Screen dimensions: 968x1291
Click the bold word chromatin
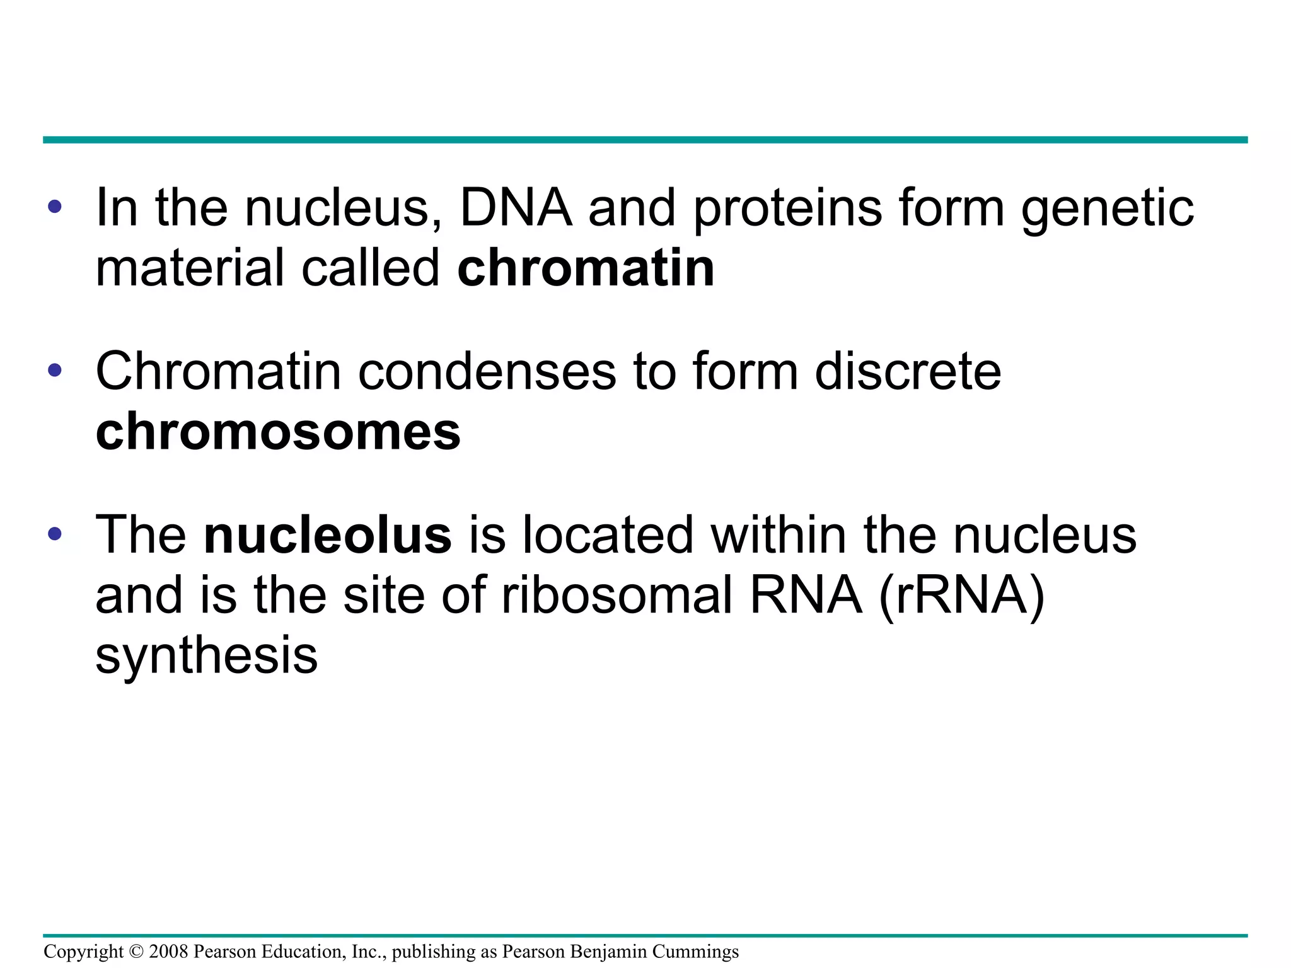tap(586, 268)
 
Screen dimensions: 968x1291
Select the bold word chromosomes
tap(278, 432)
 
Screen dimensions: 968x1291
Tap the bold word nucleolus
tap(328, 535)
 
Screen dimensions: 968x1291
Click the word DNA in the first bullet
tap(516, 208)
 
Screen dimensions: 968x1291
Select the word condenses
tap(487, 372)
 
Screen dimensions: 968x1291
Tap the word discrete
tap(908, 372)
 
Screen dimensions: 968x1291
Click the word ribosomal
tap(618, 596)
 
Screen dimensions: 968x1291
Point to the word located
tap(608, 535)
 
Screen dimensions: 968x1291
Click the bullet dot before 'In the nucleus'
tap(55, 207)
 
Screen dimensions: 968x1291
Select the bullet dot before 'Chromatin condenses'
tap(55, 370)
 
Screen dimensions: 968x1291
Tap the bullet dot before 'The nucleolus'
tap(55, 534)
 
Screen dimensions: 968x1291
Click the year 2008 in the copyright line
tap(168, 952)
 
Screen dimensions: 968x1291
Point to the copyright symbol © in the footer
tap(136, 952)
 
